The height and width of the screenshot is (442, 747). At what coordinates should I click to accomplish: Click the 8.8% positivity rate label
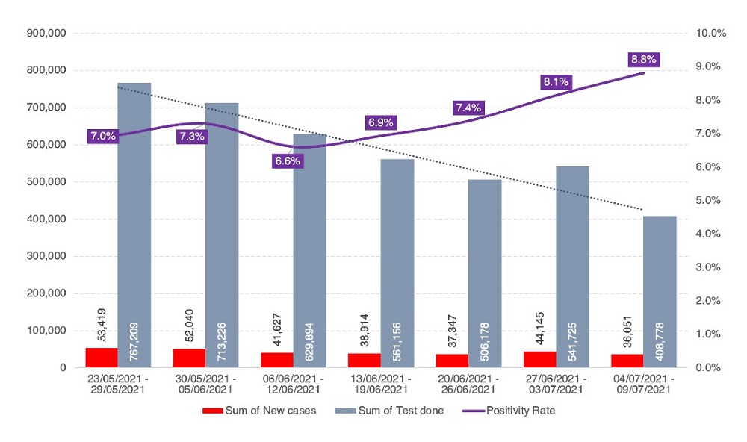[x=643, y=59]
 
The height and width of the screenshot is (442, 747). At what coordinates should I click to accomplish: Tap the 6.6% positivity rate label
[x=288, y=161]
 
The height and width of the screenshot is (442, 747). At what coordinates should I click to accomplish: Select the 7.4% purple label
[x=468, y=108]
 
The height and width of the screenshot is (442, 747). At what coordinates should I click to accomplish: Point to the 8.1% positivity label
[x=556, y=82]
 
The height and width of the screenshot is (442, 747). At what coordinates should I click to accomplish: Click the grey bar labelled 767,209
[x=134, y=225]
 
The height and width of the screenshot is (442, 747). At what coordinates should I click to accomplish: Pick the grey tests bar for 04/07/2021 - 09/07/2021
[x=660, y=291]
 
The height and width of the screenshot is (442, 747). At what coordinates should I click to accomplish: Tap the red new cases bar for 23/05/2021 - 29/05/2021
[x=101, y=358]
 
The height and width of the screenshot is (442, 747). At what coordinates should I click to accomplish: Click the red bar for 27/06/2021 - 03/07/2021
[x=539, y=359]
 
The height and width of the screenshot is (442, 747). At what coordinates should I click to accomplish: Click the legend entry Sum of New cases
[x=260, y=411]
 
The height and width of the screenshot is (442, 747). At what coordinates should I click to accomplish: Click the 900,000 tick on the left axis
[x=46, y=33]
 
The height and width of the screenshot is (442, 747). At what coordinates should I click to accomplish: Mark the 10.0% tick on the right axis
[x=710, y=33]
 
